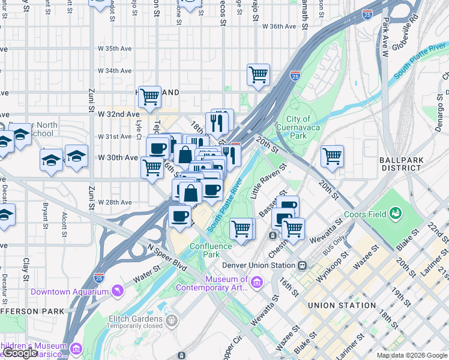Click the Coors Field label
(x=364, y=214)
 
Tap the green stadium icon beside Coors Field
(x=396, y=212)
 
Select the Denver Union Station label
(x=259, y=265)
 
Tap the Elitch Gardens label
(x=136, y=319)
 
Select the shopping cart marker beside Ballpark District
(x=332, y=157)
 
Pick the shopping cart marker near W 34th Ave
(x=258, y=75)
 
